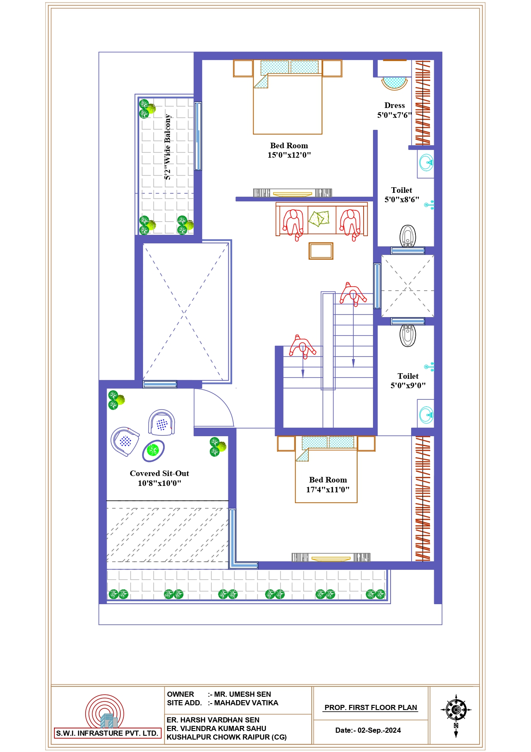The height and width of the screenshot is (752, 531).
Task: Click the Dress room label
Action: coord(394,105)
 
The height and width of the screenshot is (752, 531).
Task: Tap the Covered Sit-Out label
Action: coord(159,473)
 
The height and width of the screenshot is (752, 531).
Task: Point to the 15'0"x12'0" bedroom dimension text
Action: coord(289,155)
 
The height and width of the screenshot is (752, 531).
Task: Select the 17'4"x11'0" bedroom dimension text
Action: coord(328,490)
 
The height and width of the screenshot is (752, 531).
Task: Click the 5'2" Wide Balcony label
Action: coord(168,147)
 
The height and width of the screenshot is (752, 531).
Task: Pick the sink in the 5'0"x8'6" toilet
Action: coord(426,163)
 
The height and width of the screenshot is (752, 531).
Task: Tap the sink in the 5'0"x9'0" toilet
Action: coord(426,415)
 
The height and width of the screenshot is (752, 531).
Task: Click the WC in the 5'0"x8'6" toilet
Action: coord(408,236)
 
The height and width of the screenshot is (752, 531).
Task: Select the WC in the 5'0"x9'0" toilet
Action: coord(408,336)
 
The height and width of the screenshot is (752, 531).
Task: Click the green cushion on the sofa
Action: coord(319,219)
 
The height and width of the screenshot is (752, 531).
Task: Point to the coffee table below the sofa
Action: coord(321,251)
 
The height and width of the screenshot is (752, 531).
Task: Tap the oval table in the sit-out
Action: coord(153,450)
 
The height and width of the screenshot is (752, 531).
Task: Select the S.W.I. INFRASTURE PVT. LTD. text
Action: coord(107,733)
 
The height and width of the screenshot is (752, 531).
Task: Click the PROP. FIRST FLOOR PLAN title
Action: coord(371,707)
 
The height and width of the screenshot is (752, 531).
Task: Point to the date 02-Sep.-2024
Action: coord(379,730)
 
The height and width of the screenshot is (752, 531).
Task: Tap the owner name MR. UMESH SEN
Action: coord(242,694)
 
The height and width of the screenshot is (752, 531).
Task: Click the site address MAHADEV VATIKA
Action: coord(246,703)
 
